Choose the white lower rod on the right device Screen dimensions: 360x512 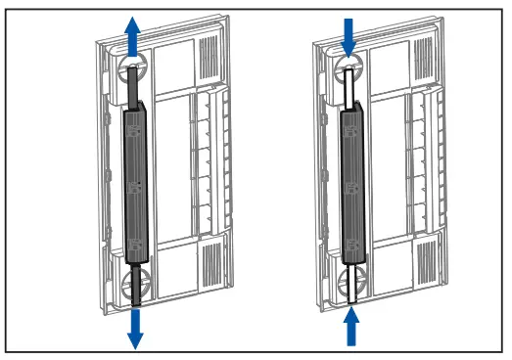[351, 279]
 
